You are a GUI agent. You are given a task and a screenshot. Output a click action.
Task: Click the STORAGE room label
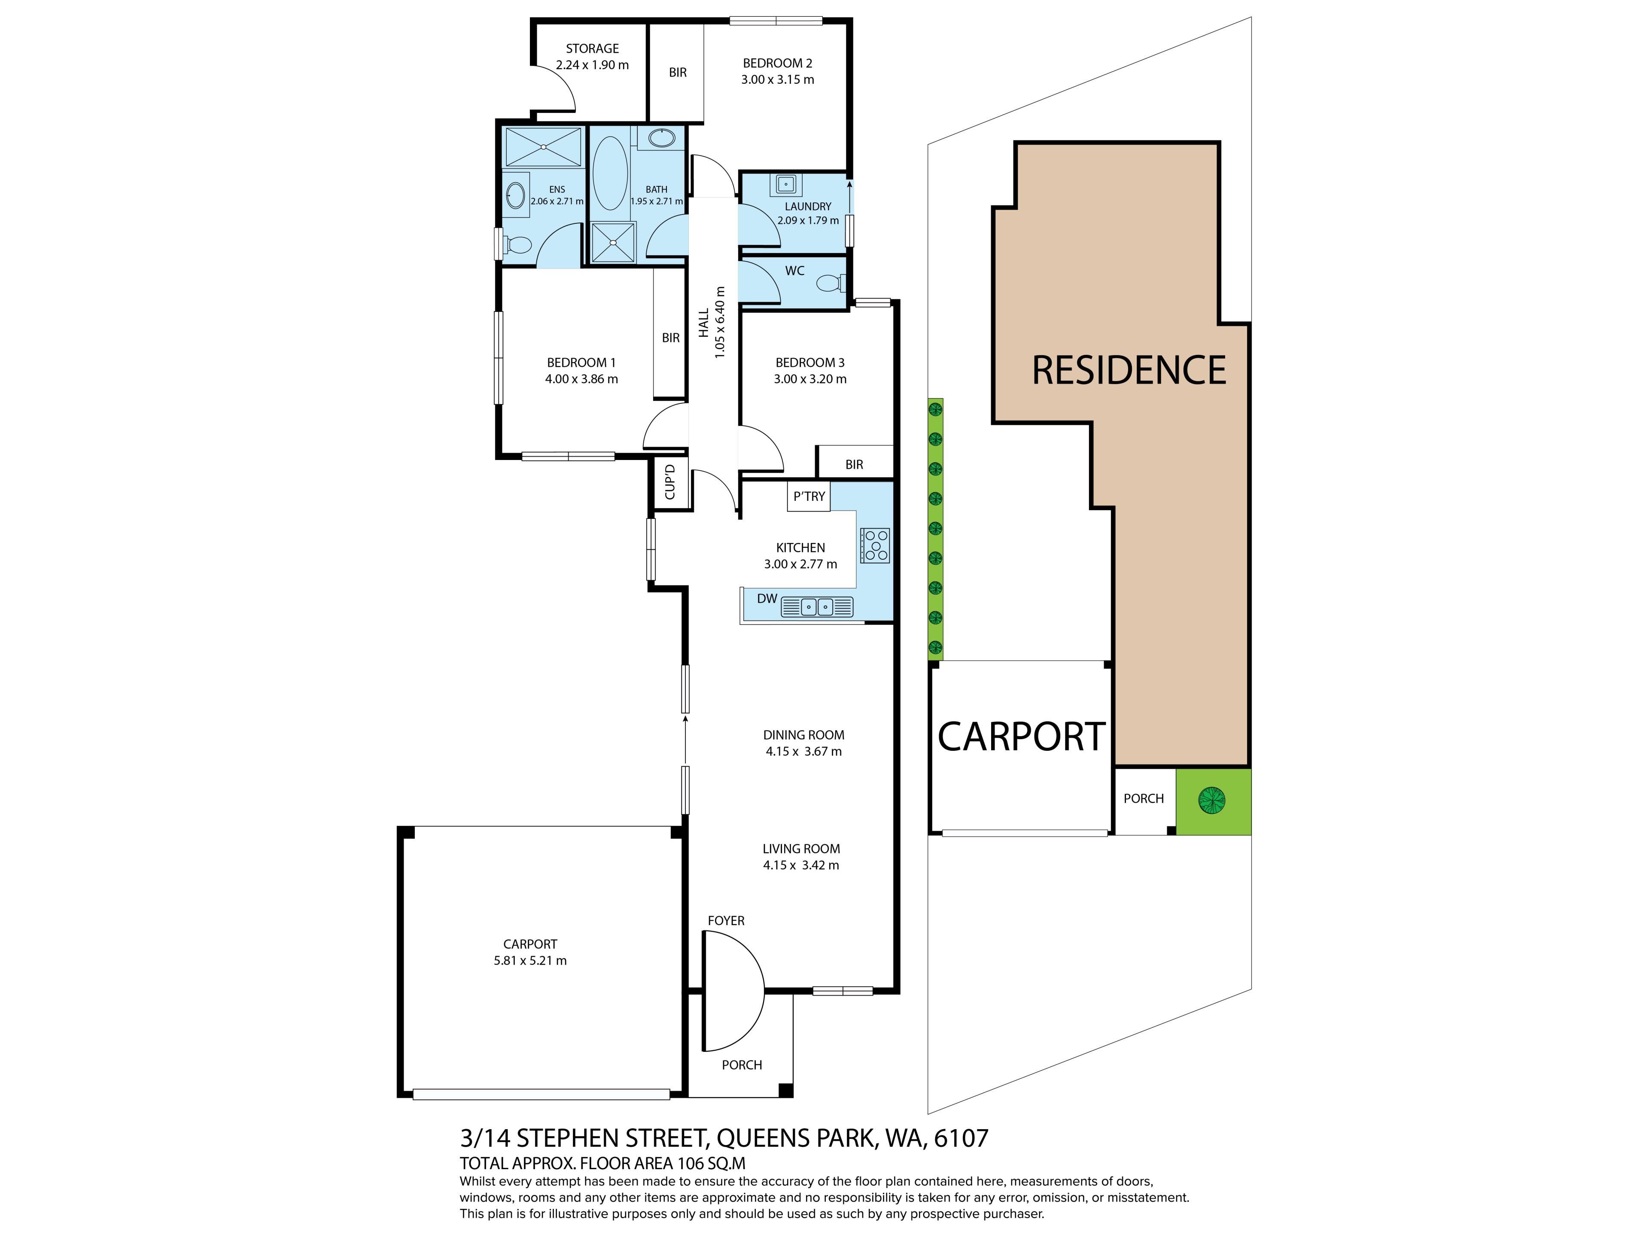(x=592, y=49)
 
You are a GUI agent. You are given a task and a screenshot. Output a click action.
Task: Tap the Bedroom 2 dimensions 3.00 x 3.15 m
(x=778, y=80)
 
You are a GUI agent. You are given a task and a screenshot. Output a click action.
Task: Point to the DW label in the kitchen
(x=767, y=599)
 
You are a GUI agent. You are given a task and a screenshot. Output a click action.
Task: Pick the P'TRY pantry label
(x=809, y=497)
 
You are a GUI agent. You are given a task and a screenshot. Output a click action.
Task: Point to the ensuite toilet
(x=515, y=244)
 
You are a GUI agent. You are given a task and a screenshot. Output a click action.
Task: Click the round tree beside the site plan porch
(x=1211, y=801)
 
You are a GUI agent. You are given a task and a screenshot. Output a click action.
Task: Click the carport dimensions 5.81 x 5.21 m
(x=530, y=960)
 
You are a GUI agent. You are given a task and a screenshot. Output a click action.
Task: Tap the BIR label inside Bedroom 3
(x=854, y=465)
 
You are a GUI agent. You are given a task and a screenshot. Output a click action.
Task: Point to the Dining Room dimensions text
(x=803, y=752)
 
